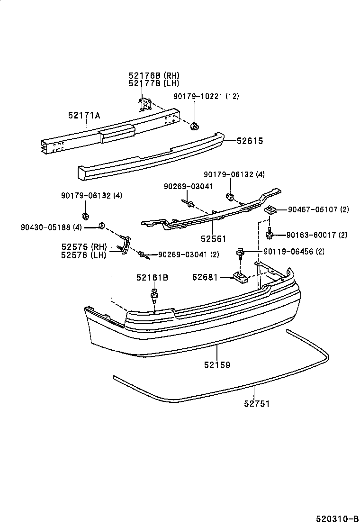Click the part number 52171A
(x=84, y=116)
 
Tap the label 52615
(x=250, y=141)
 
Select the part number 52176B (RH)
(x=154, y=76)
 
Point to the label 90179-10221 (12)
(x=206, y=97)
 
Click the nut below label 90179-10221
(x=194, y=127)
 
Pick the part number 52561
(x=214, y=239)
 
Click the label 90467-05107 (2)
(x=318, y=210)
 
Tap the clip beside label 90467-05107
(x=270, y=210)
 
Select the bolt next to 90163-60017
(x=270, y=233)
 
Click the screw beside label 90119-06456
(x=240, y=254)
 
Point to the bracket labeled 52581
(x=240, y=276)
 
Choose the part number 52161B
(x=152, y=278)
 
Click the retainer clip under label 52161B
(x=154, y=294)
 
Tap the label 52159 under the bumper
(x=217, y=364)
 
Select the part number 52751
(x=257, y=403)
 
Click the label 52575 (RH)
(x=84, y=247)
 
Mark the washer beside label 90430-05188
(x=100, y=226)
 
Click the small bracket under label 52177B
(x=145, y=104)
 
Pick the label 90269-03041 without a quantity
(x=188, y=187)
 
